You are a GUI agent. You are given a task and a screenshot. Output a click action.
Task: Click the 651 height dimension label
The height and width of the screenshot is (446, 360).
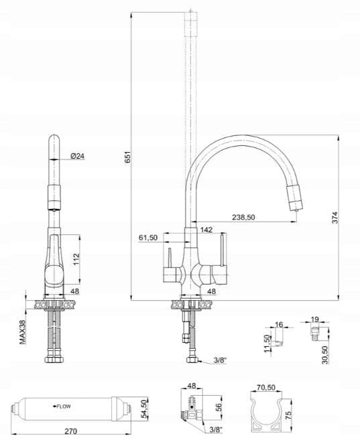coord(128,157)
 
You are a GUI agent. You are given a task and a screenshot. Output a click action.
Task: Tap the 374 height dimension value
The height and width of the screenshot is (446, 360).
coord(335,218)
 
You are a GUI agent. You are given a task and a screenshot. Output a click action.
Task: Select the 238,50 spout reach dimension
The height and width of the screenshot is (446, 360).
coord(243,218)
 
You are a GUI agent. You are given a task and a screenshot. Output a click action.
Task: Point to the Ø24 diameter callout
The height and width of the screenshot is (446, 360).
coord(77,156)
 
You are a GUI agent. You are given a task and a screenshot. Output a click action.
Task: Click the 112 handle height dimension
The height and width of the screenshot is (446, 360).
coord(76,259)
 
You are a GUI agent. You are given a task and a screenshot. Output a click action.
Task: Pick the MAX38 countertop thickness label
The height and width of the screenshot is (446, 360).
coord(23,331)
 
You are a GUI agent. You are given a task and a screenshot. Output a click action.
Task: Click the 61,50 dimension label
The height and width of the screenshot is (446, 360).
coord(147,238)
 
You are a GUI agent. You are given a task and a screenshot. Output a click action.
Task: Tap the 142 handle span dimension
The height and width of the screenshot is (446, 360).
coord(206,229)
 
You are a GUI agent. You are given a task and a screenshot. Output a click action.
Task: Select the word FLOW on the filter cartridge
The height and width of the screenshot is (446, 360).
coord(64,406)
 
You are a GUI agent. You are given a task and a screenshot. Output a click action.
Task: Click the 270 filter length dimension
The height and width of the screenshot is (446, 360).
coord(70,431)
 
